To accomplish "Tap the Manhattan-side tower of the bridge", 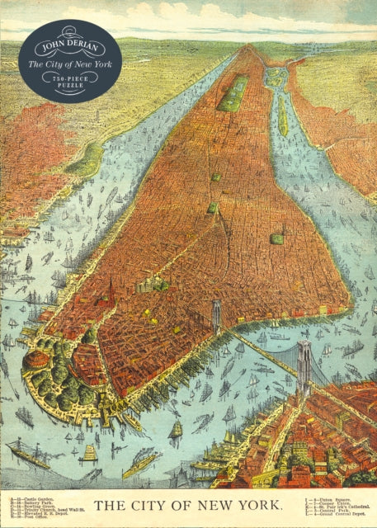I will click(217, 314).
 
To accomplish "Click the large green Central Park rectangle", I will click(233, 93).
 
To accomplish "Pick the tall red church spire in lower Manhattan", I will click(111, 292).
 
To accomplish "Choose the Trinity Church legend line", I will click(41, 510).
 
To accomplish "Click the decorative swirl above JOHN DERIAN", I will click(70, 31).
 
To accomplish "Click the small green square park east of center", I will click(277, 238).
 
